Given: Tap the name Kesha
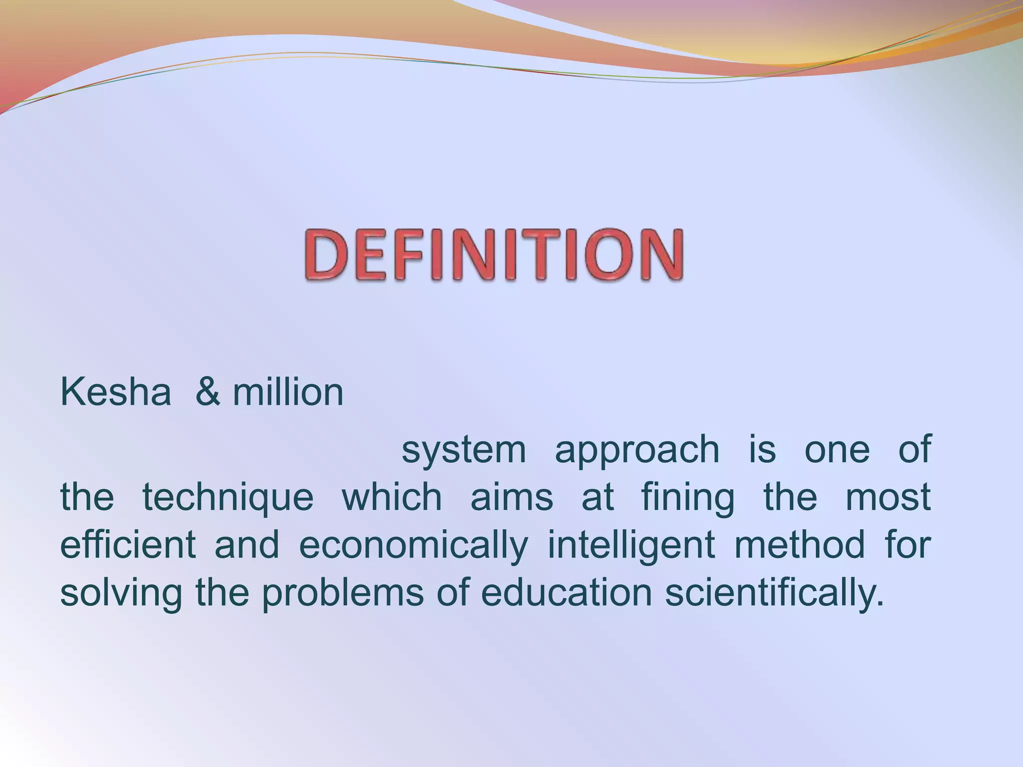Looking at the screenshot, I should click(115, 392).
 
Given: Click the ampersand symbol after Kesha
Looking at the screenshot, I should click(208, 392).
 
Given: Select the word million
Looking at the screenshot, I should click(288, 392).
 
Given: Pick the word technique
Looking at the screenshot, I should click(228, 497).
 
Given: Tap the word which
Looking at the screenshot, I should click(392, 497).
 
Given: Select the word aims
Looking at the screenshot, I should click(512, 497).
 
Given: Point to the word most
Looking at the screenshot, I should click(888, 497).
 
